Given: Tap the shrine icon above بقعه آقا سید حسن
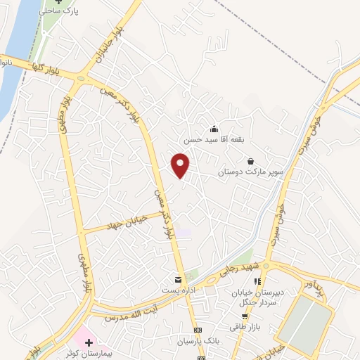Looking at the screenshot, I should (214, 129).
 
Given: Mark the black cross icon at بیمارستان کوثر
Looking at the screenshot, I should (89, 342).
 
